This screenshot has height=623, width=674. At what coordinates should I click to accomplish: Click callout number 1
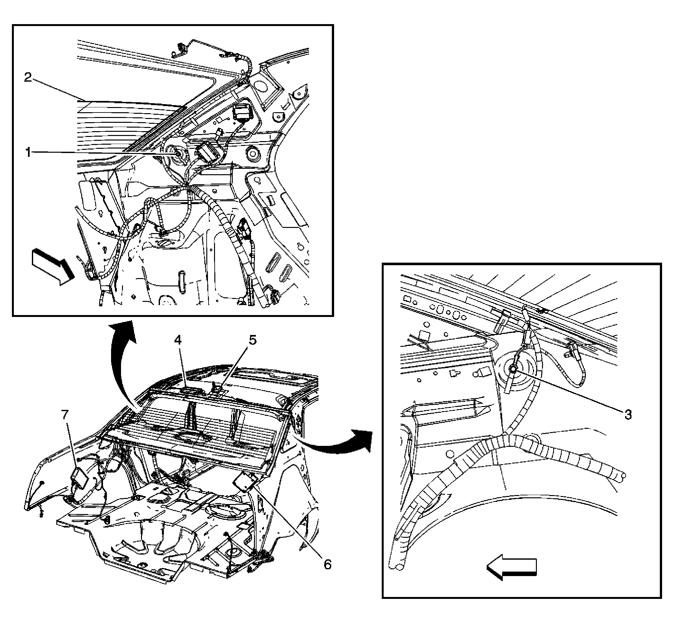point(28,152)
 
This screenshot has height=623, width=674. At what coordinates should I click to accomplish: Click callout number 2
point(28,78)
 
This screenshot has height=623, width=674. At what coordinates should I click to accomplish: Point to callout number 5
point(253,340)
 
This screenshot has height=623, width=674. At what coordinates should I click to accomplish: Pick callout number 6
point(327,564)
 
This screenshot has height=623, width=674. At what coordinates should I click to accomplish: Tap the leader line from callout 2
point(57,90)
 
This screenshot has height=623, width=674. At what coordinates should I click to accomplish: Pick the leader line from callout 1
point(101,153)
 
